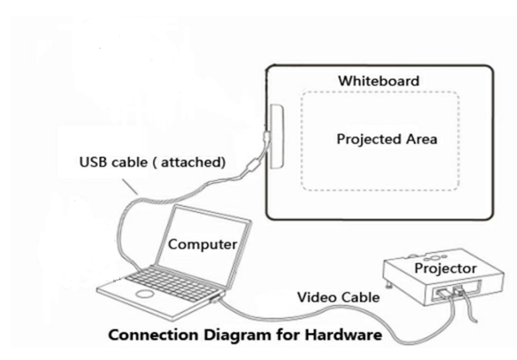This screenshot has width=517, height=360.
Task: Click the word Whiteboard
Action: coord(378,81)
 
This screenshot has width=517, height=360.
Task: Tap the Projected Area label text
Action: coord(386,139)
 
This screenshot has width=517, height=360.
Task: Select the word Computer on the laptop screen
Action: coord(202,244)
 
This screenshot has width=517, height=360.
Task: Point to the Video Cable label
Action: coord(339,297)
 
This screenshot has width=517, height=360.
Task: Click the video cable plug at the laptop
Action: coord(216,300)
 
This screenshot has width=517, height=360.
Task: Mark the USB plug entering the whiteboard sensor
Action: coord(266,135)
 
